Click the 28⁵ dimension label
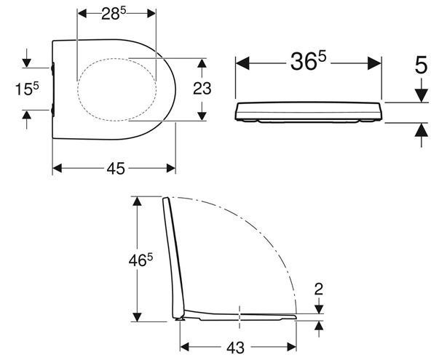pyautogui.click(x=114, y=13)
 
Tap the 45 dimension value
pyautogui.click(x=116, y=168)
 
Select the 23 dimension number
pyautogui.click(x=202, y=88)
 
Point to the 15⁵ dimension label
pyautogui.click(x=27, y=89)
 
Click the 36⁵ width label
pyautogui.click(x=308, y=62)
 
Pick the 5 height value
pyautogui.click(x=421, y=65)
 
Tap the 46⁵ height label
pyautogui.click(x=141, y=260)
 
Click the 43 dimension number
pyautogui.click(x=235, y=348)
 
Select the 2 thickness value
pyautogui.click(x=318, y=289)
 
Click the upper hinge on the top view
pyautogui.click(x=52, y=69)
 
